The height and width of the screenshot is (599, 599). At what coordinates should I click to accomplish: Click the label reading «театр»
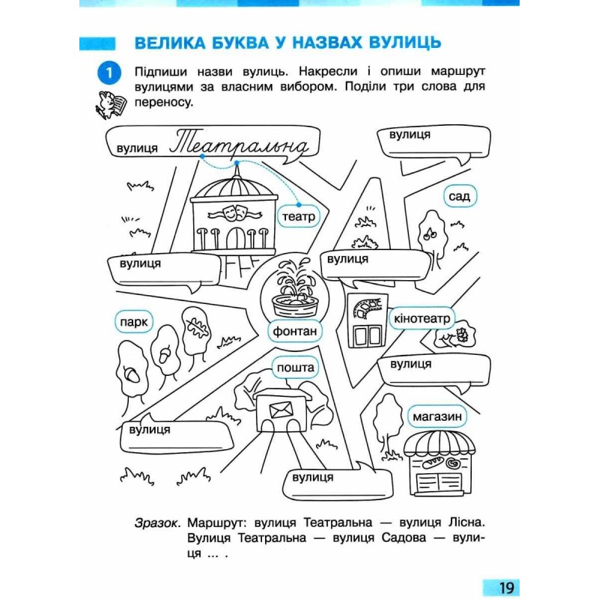[298, 216]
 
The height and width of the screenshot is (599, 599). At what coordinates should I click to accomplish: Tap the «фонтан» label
[294, 331]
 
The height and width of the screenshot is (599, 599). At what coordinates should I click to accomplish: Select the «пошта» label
[295, 368]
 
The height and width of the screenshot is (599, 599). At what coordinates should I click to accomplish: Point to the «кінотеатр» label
[422, 318]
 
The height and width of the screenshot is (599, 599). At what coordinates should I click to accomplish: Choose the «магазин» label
[437, 416]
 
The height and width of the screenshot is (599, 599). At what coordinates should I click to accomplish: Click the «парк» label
[134, 322]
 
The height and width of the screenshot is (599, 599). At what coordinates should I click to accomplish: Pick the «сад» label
[460, 196]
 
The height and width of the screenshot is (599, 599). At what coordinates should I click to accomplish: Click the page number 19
[506, 587]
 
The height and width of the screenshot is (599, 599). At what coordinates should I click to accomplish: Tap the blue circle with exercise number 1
[109, 73]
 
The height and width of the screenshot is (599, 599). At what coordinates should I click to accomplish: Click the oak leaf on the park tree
[196, 327]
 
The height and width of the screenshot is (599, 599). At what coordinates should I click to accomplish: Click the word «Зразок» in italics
[156, 523]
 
